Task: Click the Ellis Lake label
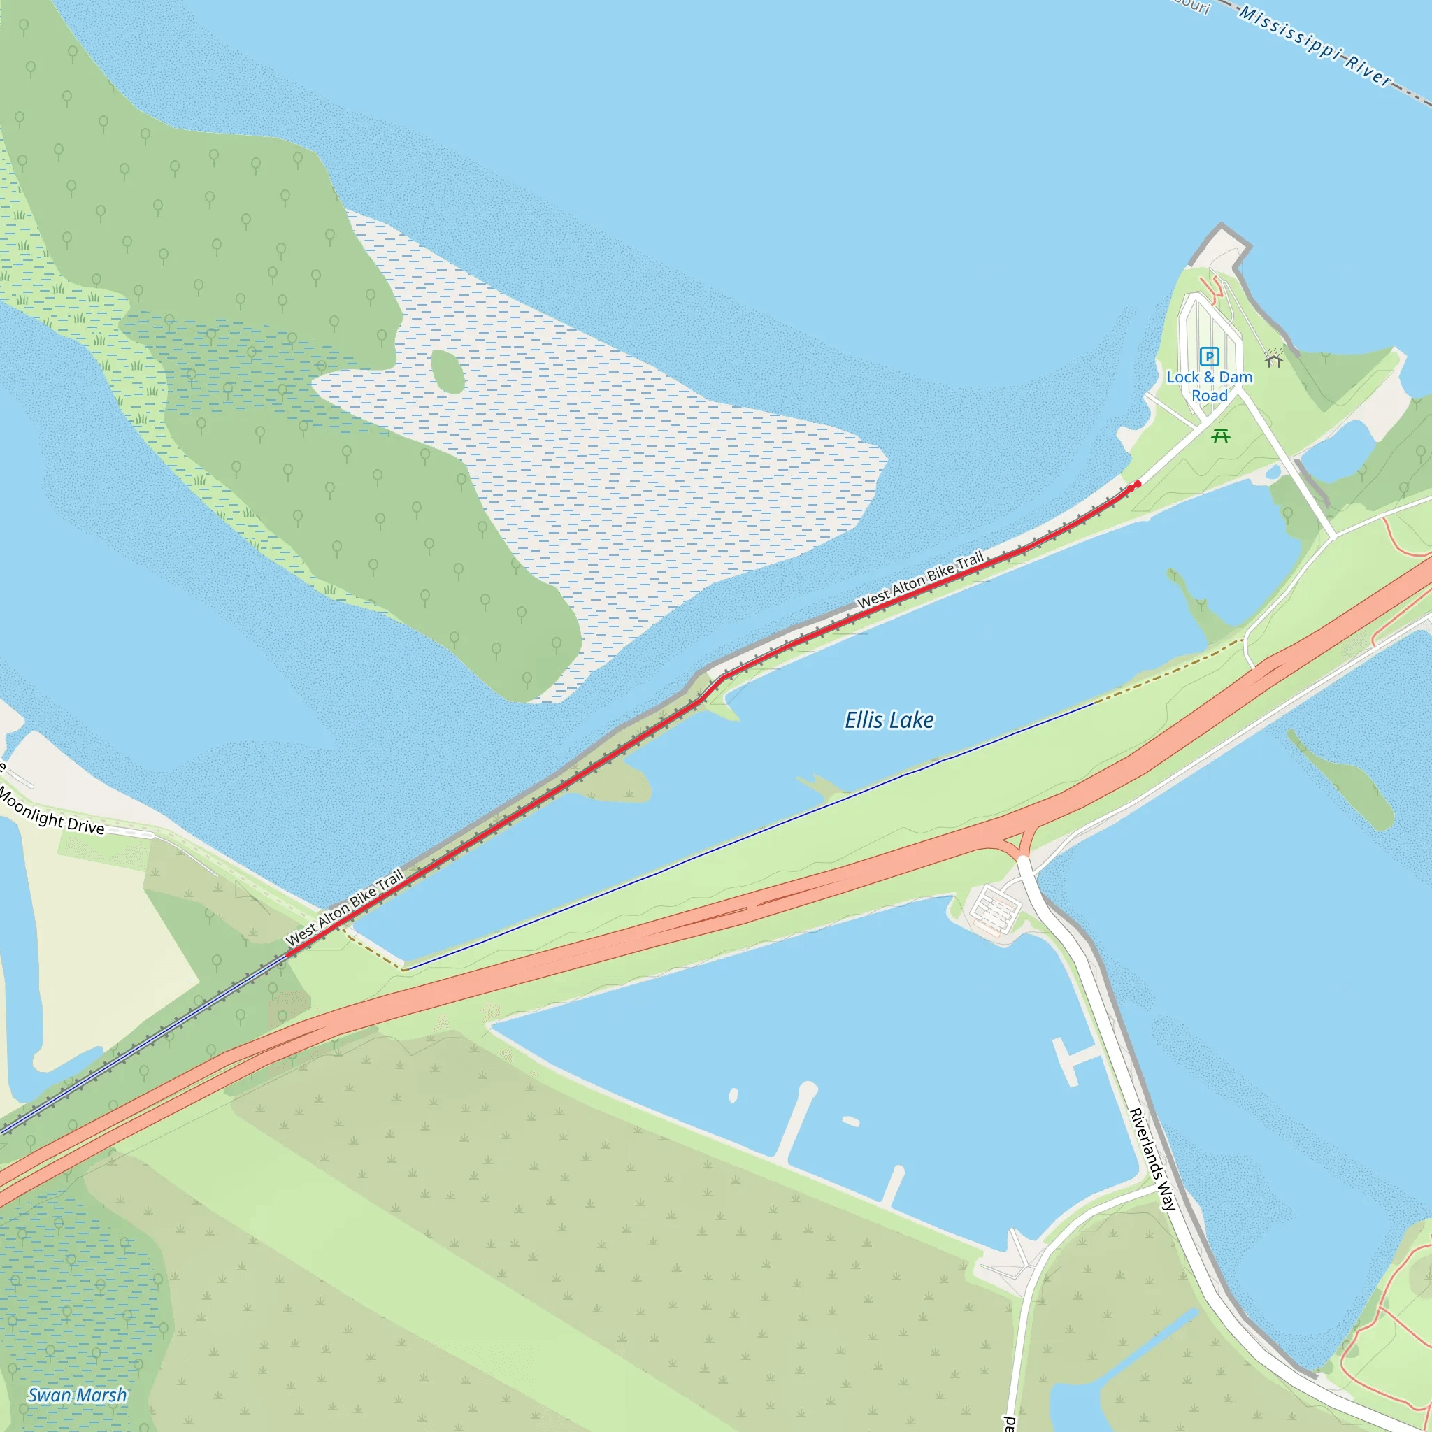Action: point(889,719)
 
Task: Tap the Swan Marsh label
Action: point(77,1395)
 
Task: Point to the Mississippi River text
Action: point(1316,46)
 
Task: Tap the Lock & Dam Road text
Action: point(1209,386)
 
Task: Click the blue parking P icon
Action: point(1209,357)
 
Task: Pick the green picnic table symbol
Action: point(1220,436)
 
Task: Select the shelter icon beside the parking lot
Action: point(1273,359)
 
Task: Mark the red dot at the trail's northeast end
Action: point(1137,483)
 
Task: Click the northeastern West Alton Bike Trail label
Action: point(920,580)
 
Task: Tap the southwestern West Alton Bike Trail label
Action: point(345,906)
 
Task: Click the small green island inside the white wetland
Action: point(447,371)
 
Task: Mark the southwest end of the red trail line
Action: point(289,954)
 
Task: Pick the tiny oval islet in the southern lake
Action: point(733,1096)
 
